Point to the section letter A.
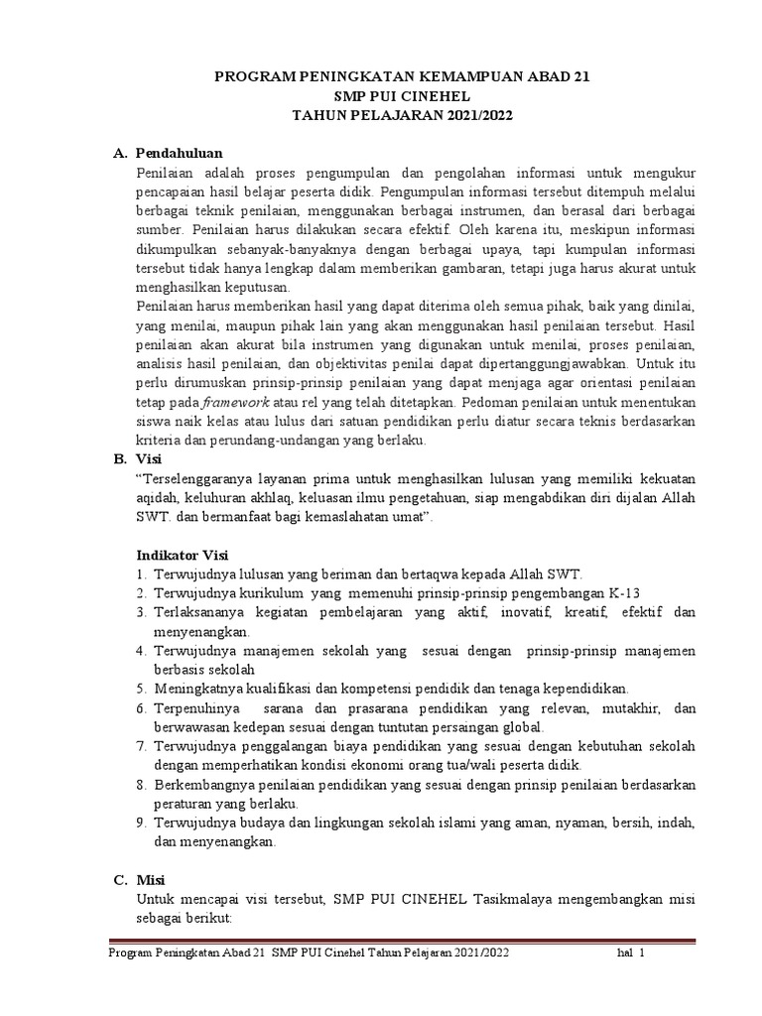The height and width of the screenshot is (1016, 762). pyautogui.click(x=119, y=153)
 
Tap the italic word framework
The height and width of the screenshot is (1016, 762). pyautogui.click(x=235, y=402)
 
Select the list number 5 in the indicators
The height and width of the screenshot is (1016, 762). pyautogui.click(x=142, y=688)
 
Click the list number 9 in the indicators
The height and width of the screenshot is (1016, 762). pyautogui.click(x=142, y=823)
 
